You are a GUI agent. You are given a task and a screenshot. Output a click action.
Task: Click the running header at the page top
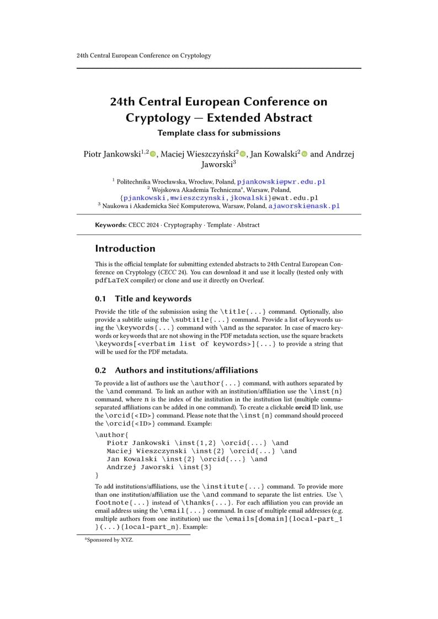point(143,56)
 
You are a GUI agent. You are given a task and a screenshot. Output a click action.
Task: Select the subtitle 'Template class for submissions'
point(218,133)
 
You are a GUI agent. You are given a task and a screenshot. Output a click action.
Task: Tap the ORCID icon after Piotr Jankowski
point(153,154)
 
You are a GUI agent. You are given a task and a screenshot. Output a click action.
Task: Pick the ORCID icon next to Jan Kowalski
point(304,154)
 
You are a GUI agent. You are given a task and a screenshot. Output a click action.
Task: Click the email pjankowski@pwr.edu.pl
point(281,181)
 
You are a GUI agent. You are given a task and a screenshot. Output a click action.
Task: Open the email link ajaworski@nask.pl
point(304,206)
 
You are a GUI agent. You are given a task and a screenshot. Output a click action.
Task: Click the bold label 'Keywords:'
point(110,225)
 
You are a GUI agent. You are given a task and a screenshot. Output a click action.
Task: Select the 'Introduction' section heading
point(125,249)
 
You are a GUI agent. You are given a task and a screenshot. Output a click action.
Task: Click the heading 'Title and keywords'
point(153,299)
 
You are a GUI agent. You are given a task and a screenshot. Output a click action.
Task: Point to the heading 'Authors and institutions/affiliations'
point(186,370)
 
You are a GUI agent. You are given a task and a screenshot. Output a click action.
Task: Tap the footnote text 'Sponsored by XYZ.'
point(109,540)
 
